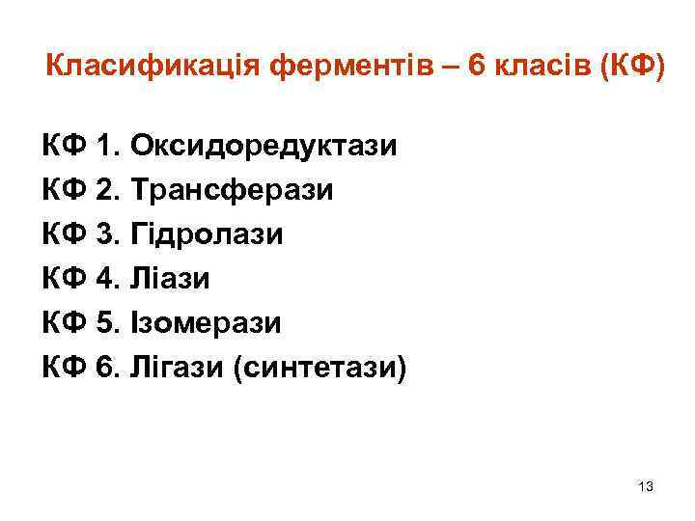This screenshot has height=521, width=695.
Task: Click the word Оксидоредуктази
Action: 264,146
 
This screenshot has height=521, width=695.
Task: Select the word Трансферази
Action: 232,190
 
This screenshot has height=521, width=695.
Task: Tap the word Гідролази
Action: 208,234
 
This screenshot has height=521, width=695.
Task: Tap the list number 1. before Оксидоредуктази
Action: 108,146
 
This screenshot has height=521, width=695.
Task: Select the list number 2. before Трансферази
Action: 108,190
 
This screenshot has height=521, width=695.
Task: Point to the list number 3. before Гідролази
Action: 108,234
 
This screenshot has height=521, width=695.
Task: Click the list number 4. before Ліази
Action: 108,279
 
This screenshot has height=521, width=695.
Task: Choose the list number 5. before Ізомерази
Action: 108,323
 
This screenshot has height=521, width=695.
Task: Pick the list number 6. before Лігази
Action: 108,368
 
